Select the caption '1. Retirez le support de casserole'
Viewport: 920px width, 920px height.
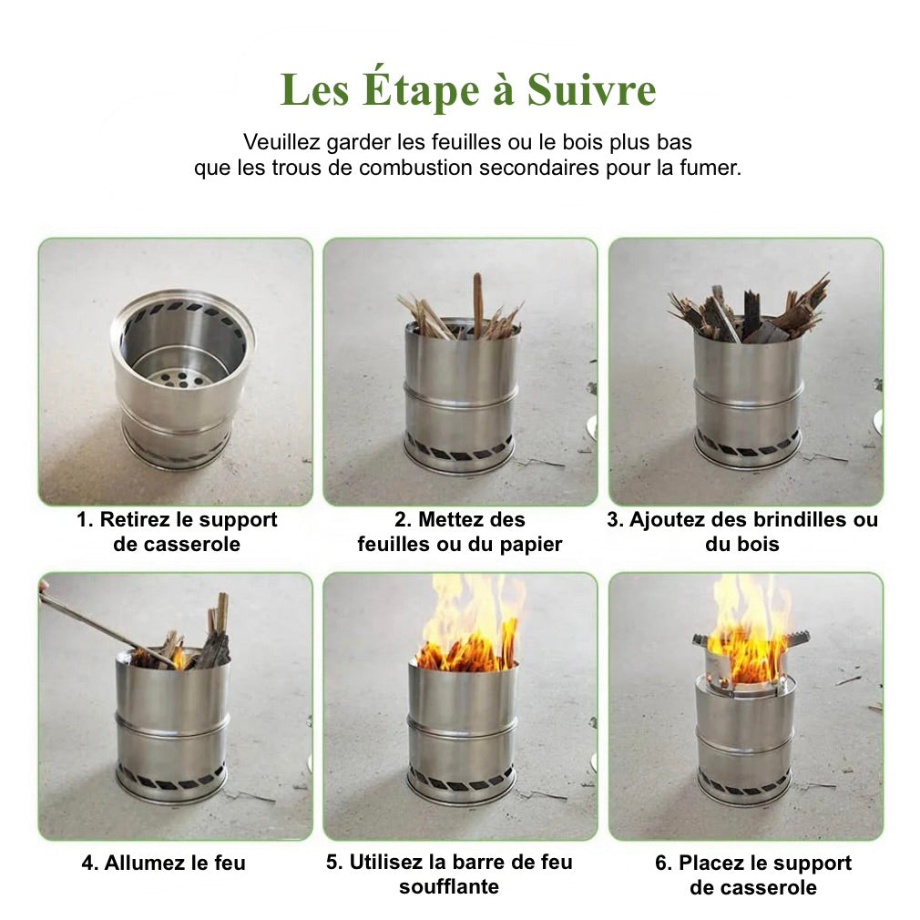[x=177, y=532]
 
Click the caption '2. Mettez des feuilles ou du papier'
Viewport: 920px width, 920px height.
[x=460, y=532]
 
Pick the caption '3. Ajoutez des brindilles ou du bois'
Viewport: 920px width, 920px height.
[x=742, y=532]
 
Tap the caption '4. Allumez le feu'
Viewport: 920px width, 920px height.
[x=164, y=863]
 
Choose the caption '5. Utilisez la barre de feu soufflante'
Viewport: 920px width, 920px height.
[x=449, y=874]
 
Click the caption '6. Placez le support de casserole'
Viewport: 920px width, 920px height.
[x=752, y=874]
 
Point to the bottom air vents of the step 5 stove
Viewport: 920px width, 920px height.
[x=460, y=782]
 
